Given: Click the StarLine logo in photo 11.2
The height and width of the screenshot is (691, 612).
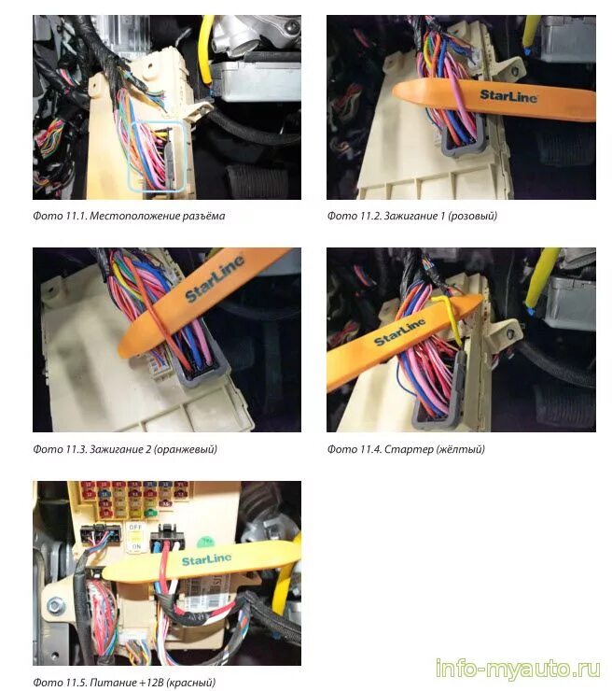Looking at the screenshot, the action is [x=508, y=95].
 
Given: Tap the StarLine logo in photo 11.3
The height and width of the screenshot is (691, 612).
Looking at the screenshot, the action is [x=215, y=279].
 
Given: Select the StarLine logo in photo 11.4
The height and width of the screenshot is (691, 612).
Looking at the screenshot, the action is [x=400, y=331].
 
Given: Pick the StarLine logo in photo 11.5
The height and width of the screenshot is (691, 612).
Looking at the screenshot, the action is [x=206, y=559].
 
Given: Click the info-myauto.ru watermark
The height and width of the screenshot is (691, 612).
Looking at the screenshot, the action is [x=518, y=670].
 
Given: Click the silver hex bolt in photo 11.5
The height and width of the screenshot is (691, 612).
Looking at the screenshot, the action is [x=54, y=606].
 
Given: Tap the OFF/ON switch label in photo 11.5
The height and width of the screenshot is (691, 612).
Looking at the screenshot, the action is [x=135, y=537].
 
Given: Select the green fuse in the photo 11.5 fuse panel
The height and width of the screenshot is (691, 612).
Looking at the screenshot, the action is [x=151, y=513].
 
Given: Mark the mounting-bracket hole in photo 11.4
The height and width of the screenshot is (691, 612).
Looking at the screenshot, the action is [x=510, y=333].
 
